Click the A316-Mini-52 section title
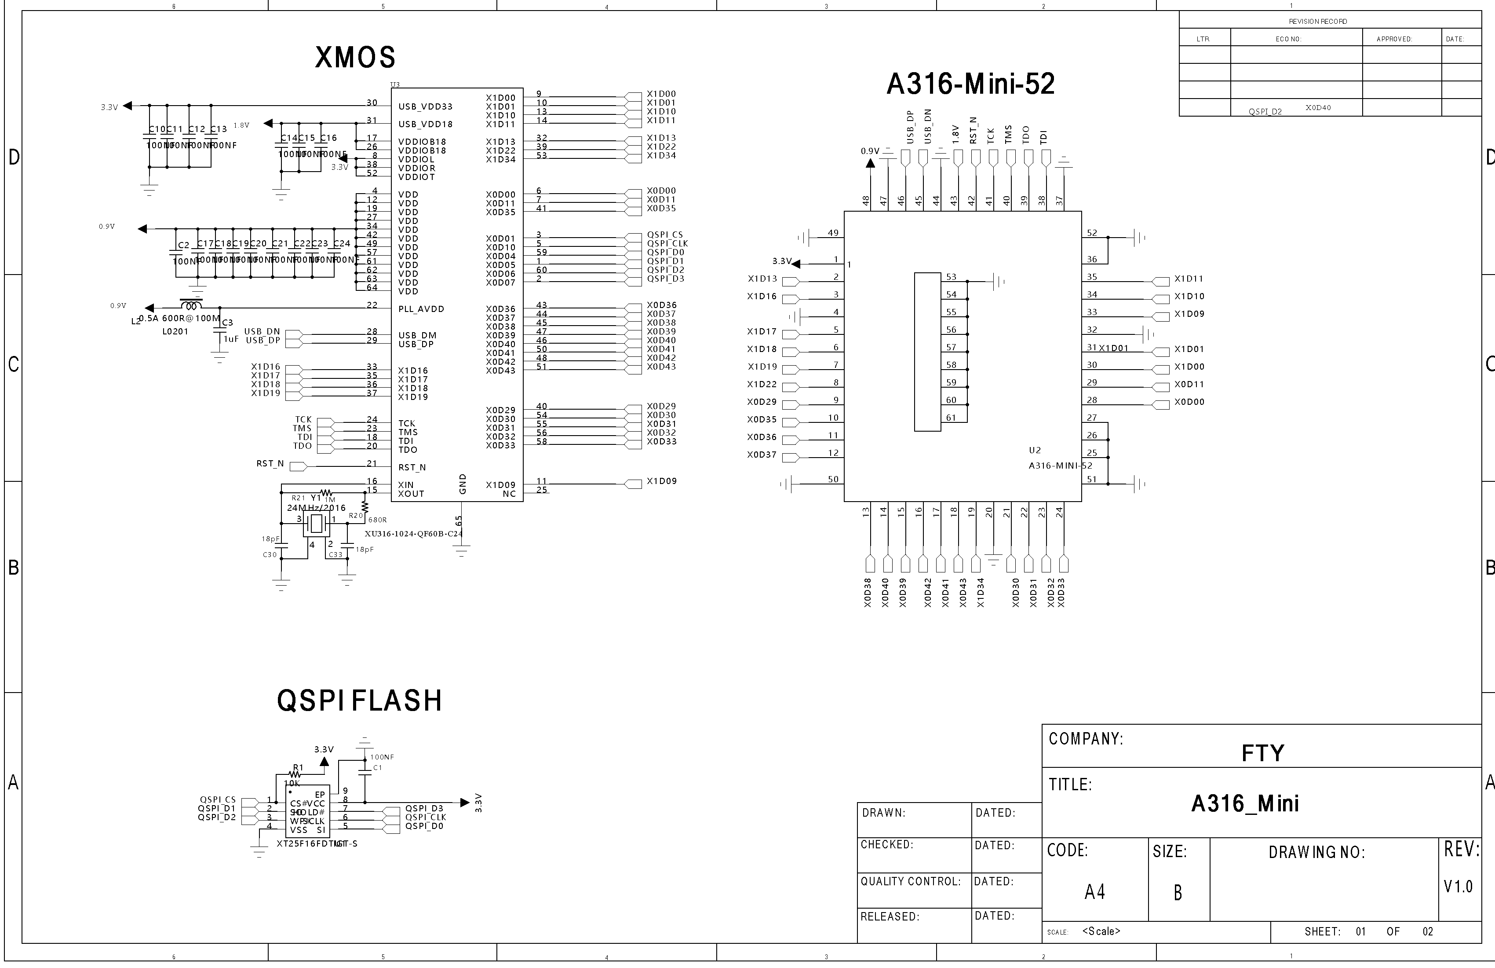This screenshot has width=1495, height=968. pos(970,84)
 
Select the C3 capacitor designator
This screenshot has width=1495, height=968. pos(227,323)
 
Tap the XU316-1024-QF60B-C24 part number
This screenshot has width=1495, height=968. pos(414,534)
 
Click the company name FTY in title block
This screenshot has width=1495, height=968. pos(1262,753)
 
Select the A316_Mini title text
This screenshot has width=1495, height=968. pos(1245,803)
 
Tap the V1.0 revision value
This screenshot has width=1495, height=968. pos(1459,887)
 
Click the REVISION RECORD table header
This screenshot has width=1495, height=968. pos(1318,22)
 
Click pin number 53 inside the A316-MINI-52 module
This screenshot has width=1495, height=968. pos(951,277)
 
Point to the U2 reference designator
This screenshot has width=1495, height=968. pos(1035,451)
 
